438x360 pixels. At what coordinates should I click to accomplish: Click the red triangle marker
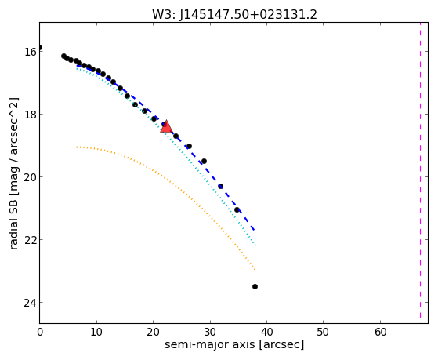pyautogui.click(x=166, y=126)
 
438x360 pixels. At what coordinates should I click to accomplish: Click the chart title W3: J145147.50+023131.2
pyautogui.click(x=234, y=15)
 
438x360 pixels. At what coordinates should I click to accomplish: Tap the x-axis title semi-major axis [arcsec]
pyautogui.click(x=234, y=344)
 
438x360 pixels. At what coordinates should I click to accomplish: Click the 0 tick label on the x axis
pyautogui.click(x=40, y=332)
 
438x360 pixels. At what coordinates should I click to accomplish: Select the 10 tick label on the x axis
pyautogui.click(x=96, y=332)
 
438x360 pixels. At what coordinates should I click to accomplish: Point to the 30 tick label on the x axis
pyautogui.click(x=210, y=332)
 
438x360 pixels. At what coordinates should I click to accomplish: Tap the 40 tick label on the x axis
pyautogui.click(x=266, y=332)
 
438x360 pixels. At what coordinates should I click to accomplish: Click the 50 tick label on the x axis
pyautogui.click(x=323, y=332)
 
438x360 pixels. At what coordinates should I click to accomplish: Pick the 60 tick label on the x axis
pyautogui.click(x=380, y=332)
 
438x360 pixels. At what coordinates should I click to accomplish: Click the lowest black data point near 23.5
pyautogui.click(x=255, y=287)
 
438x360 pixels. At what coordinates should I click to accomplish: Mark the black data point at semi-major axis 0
pyautogui.click(x=40, y=48)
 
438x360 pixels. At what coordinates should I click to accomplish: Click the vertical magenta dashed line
pyautogui.click(x=420, y=170)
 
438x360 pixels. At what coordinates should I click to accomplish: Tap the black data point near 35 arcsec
pyautogui.click(x=237, y=209)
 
